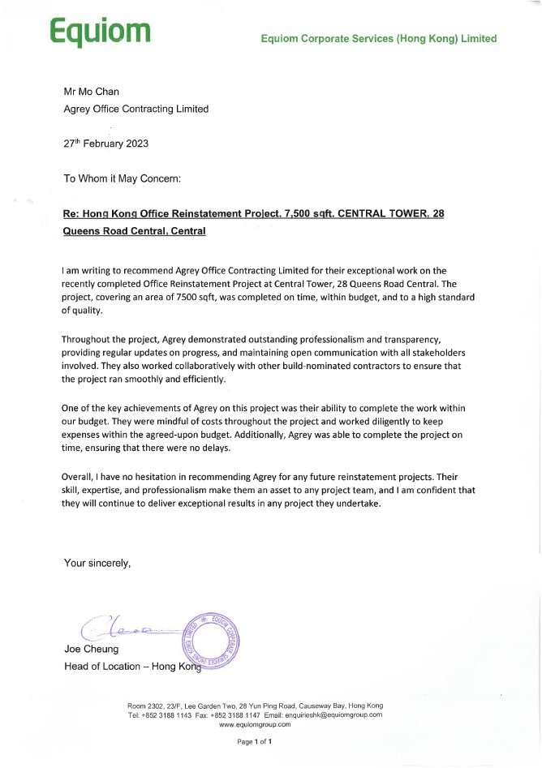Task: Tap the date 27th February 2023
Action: point(105,144)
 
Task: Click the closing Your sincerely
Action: point(97,563)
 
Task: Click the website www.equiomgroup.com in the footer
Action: point(255,724)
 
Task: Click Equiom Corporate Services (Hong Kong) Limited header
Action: point(378,38)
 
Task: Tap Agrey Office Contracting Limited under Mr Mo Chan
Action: point(136,109)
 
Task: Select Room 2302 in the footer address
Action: point(146,706)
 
